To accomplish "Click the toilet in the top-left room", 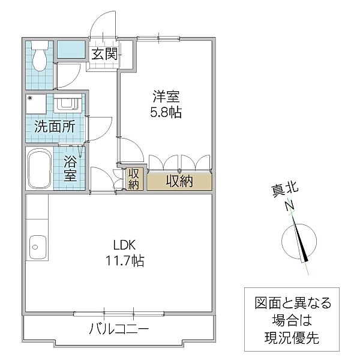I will (x=40, y=56).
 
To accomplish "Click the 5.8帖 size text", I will (x=165, y=112).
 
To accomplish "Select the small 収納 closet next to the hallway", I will (x=134, y=179).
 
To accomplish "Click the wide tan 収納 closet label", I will (x=179, y=181).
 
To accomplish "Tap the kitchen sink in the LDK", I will (x=38, y=245).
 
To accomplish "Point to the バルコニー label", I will (x=118, y=329).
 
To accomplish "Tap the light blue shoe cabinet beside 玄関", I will (x=72, y=49).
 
